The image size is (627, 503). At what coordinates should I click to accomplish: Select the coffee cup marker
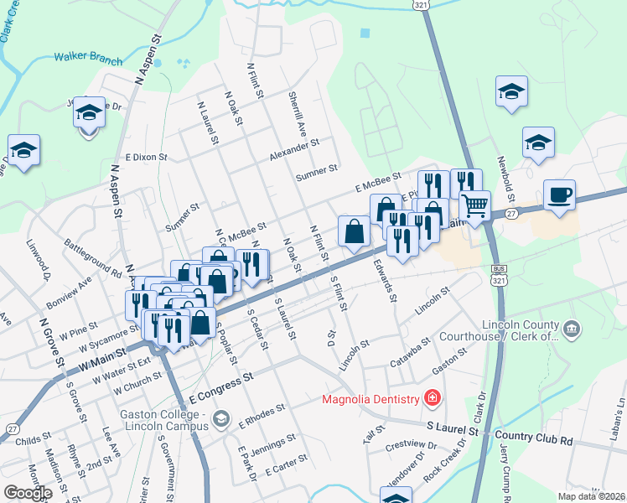click(x=559, y=196)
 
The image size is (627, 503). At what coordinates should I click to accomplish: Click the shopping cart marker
click(x=474, y=205)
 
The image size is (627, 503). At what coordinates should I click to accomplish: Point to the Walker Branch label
click(x=88, y=59)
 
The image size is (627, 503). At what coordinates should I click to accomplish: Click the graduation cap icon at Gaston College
click(x=221, y=418)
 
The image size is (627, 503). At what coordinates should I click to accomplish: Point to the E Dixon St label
click(x=147, y=157)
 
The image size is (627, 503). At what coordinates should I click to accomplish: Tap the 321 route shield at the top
click(x=421, y=5)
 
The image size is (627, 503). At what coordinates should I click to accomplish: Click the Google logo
click(x=28, y=492)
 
